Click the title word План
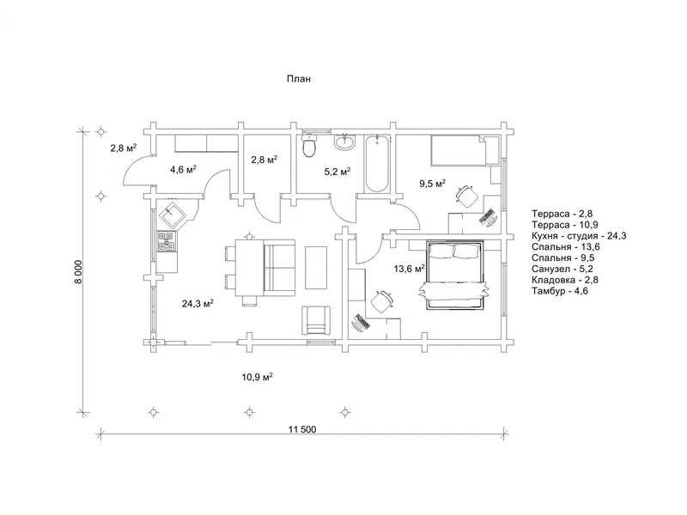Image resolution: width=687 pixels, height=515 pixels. [x=299, y=79]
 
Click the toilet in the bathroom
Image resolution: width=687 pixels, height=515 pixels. [x=309, y=145]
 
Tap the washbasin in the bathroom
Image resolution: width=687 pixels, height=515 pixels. [x=346, y=141]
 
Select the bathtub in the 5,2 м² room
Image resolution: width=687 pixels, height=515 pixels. [x=377, y=163]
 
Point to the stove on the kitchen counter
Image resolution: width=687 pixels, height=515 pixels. [x=167, y=242]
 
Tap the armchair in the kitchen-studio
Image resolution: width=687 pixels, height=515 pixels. [x=315, y=320]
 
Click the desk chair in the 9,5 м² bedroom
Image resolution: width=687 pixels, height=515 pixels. [x=466, y=196]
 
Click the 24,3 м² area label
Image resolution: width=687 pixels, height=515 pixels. [x=198, y=303]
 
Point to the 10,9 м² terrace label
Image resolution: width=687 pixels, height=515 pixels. [x=257, y=377]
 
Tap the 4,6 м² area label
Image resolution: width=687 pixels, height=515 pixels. [x=183, y=169]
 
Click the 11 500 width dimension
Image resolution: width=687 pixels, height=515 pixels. [x=302, y=429]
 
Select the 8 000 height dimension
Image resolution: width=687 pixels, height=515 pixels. [x=78, y=272]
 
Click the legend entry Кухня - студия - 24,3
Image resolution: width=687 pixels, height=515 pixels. [x=579, y=236]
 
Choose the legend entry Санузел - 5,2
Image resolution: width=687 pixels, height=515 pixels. [x=562, y=269]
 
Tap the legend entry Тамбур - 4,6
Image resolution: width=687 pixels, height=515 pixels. [x=560, y=291]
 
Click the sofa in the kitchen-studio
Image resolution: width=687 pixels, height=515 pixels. [x=279, y=268]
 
